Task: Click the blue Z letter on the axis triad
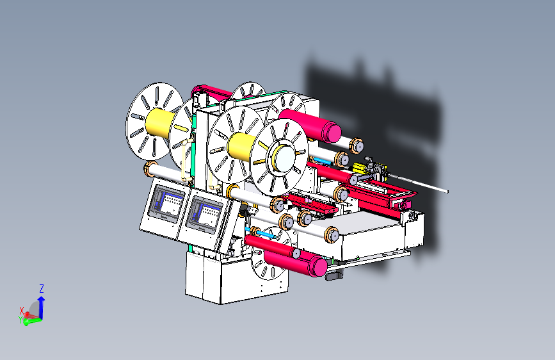click(x=42, y=288)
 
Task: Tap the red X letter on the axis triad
click(x=22, y=311)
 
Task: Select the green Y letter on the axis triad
click(x=20, y=320)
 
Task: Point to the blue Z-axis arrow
click(x=41, y=307)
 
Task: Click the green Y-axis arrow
click(x=33, y=322)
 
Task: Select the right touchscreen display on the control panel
click(x=205, y=215)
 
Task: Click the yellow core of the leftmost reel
click(x=159, y=122)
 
